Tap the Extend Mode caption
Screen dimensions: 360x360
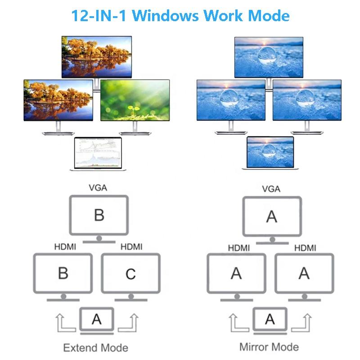[95, 348]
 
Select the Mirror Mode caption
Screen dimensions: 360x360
[269, 347]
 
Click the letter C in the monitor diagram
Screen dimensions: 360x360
[130, 274]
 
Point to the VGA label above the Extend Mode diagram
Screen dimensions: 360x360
[99, 188]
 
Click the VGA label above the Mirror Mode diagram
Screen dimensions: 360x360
[271, 189]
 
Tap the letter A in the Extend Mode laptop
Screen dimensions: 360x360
[96, 319]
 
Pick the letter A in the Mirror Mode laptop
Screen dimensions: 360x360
[270, 319]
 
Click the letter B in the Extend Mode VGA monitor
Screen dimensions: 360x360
[99, 215]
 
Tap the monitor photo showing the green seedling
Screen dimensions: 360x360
[135, 100]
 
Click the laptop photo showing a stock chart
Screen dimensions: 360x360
[98, 153]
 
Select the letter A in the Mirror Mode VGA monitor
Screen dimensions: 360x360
[271, 217]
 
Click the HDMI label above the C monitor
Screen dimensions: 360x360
[132, 246]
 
